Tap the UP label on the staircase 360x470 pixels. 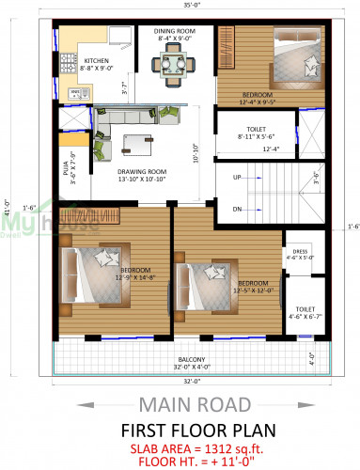click(238, 177)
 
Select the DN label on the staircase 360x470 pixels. click(238, 209)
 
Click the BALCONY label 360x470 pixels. click(192, 359)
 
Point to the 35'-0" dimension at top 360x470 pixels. click(190, 6)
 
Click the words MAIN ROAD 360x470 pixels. click(194, 405)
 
